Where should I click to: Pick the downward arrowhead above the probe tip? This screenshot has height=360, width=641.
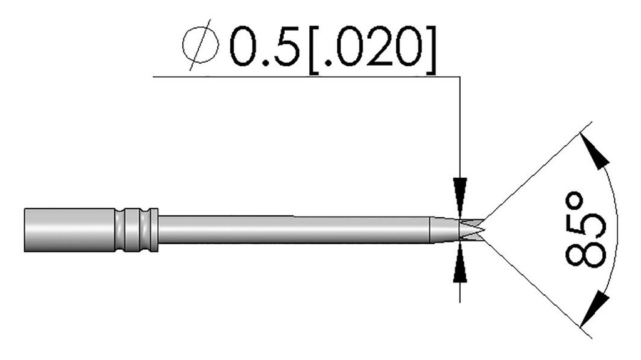460,191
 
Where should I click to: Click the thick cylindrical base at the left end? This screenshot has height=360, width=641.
69,230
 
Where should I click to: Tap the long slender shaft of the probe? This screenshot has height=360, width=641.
294,230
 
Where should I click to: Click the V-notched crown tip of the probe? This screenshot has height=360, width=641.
473,230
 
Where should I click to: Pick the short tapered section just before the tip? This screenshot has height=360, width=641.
443,230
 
